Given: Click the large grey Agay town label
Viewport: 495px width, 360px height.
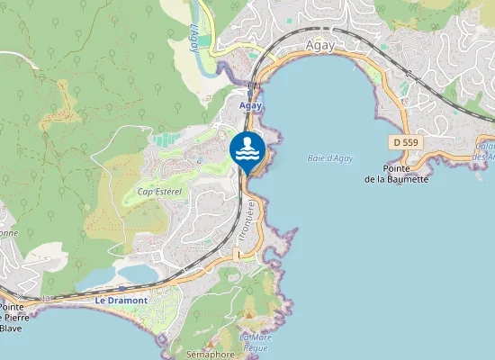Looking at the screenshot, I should tap(320, 44).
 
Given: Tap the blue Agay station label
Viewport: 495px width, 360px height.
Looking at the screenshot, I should tap(250, 105).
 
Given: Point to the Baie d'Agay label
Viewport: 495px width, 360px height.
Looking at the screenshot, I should tap(329, 158).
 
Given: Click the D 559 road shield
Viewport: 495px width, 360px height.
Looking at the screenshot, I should tap(406, 142).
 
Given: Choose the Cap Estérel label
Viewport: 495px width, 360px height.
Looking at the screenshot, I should tap(159, 192).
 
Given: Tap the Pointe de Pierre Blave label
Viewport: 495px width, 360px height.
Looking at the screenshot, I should tap(12, 317).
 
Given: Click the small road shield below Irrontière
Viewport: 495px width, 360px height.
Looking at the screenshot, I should tap(237, 256).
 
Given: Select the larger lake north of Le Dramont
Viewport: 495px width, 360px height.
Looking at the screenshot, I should tap(136, 272).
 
